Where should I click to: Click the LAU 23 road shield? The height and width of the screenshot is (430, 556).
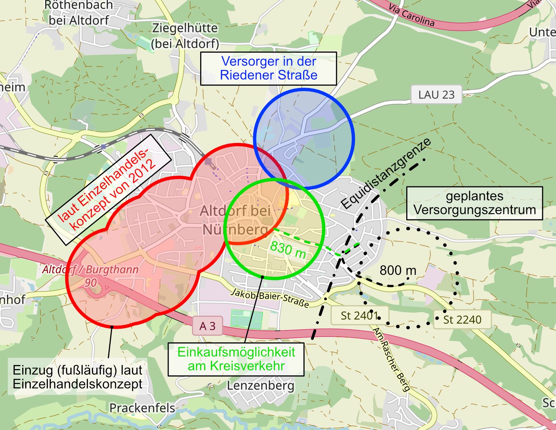(x=436, y=95)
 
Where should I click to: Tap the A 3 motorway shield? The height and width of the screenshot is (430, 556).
(x=207, y=326)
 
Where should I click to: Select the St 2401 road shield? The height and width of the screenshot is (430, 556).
(x=359, y=316)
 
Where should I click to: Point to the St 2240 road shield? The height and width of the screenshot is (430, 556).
(x=462, y=319)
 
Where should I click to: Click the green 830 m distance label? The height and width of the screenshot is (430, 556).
(x=288, y=250)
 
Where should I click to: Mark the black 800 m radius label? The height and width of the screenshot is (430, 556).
(x=398, y=270)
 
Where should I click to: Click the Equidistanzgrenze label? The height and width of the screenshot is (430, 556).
(x=386, y=174)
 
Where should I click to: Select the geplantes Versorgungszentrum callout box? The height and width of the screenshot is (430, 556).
(x=474, y=203)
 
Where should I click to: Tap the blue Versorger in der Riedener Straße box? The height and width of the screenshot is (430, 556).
(x=268, y=68)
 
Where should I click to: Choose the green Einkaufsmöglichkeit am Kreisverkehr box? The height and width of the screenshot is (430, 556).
(x=236, y=359)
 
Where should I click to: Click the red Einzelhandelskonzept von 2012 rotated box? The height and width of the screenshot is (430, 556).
(x=108, y=189)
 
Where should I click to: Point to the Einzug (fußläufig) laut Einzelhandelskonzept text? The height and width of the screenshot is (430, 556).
(x=77, y=377)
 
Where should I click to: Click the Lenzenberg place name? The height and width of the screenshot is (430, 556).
(x=261, y=385)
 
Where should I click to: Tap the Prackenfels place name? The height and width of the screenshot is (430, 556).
(x=142, y=408)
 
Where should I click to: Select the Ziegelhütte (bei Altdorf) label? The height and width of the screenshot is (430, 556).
(x=185, y=36)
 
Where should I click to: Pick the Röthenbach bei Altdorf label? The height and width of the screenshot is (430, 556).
(x=79, y=13)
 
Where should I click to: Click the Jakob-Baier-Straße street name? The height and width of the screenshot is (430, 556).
(x=270, y=298)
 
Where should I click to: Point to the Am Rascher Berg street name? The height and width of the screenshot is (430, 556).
(x=391, y=359)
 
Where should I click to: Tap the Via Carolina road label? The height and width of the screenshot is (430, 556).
(x=411, y=15)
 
